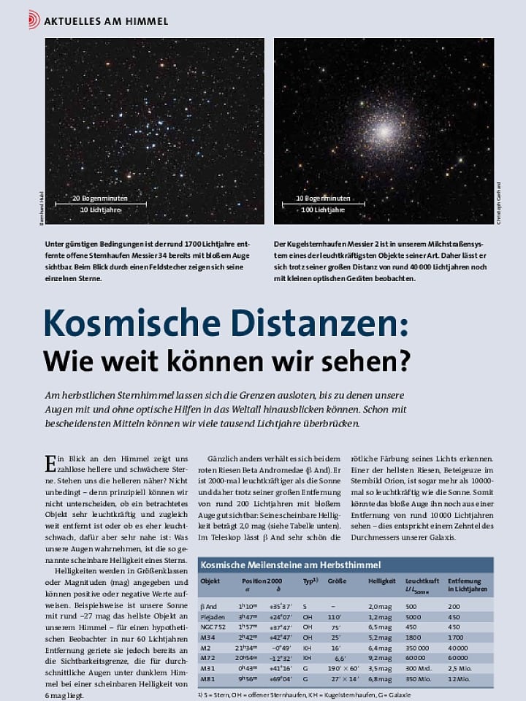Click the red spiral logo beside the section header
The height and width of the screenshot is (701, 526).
pos(34,20)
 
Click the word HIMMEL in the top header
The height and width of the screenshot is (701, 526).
pos(145,20)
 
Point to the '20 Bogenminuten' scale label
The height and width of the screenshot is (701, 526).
pos(100,198)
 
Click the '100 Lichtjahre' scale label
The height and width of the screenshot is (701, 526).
pos(323,210)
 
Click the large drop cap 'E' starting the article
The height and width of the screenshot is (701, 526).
pos(50,464)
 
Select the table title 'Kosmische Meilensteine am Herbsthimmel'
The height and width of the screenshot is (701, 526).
pos(291,565)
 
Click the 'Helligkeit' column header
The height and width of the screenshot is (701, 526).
pos(382,581)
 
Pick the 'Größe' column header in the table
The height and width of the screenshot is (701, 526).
pos(337,581)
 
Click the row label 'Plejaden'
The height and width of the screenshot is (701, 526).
pos(213,616)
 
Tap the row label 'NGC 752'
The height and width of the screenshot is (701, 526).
pos(213,627)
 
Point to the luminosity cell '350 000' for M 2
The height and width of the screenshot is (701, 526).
pos(417,648)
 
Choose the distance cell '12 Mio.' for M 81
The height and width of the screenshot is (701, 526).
pos(458,679)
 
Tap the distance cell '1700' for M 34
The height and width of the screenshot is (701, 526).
pos(454,637)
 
